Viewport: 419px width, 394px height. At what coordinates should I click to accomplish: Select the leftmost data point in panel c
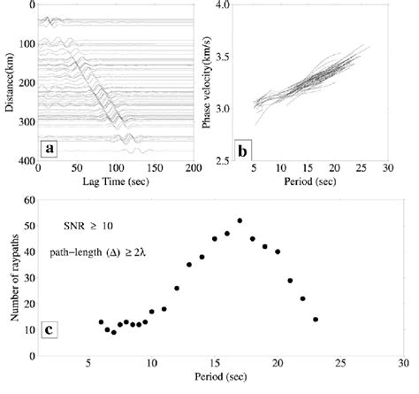pos(101,322)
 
